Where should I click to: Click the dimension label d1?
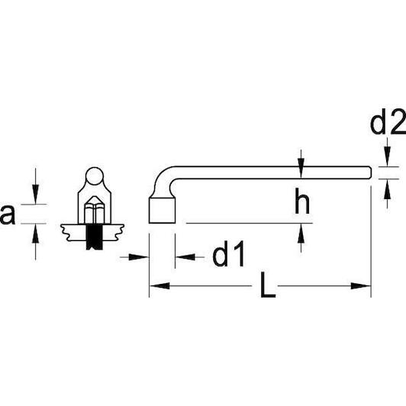point(228,254)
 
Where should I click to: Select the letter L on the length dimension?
point(267,285)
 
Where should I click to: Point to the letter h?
point(302,201)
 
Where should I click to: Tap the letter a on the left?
point(8,214)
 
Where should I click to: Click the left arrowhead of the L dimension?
point(159,286)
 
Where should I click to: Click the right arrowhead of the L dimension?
point(361,286)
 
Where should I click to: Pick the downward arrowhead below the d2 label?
point(387,156)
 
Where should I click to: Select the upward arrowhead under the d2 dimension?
point(387,188)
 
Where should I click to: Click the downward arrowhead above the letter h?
point(301,169)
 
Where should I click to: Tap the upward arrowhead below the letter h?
point(301,234)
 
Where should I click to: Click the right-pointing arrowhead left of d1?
point(139,257)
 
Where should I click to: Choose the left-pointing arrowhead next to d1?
point(185,257)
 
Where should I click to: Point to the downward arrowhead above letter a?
point(35,194)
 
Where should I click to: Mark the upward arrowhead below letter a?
point(35,234)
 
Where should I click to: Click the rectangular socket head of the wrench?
point(162,211)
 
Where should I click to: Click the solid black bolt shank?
point(95,237)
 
